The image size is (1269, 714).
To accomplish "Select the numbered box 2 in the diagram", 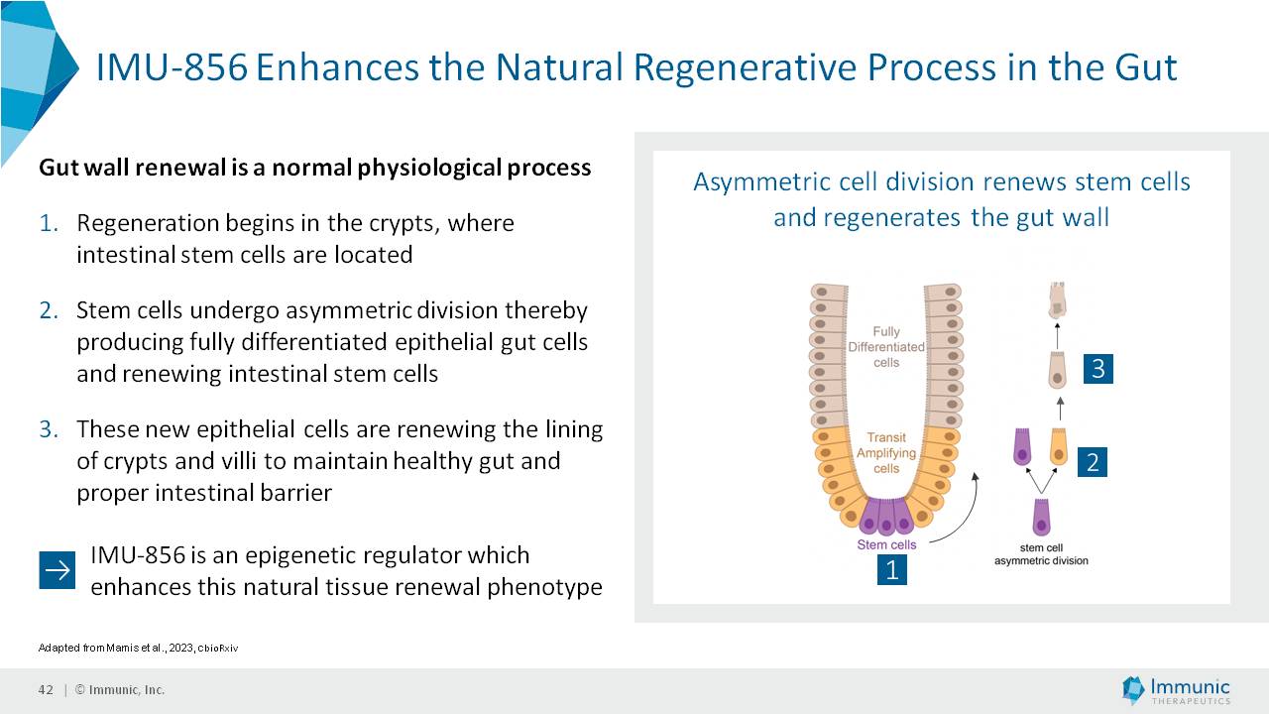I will [x=1093, y=462].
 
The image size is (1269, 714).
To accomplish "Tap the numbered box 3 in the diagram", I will [x=1097, y=369].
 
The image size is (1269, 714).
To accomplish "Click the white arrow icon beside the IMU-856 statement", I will [x=58, y=570].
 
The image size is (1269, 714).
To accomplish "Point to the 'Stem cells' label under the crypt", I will [x=886, y=544].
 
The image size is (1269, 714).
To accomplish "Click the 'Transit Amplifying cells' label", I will [x=886, y=453].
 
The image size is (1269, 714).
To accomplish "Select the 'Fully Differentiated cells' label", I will [x=886, y=347].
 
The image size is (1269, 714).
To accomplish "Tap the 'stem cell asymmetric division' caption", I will [x=1041, y=554].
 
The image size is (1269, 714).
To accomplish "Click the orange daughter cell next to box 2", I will [x=1058, y=446].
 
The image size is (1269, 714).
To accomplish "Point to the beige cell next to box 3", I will [x=1058, y=370].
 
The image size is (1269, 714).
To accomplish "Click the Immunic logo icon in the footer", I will [x=1133, y=689].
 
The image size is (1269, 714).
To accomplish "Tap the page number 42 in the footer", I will [x=46, y=690].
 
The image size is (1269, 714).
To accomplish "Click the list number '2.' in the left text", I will [x=50, y=310].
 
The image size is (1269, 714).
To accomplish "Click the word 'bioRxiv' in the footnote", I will [x=219, y=649].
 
